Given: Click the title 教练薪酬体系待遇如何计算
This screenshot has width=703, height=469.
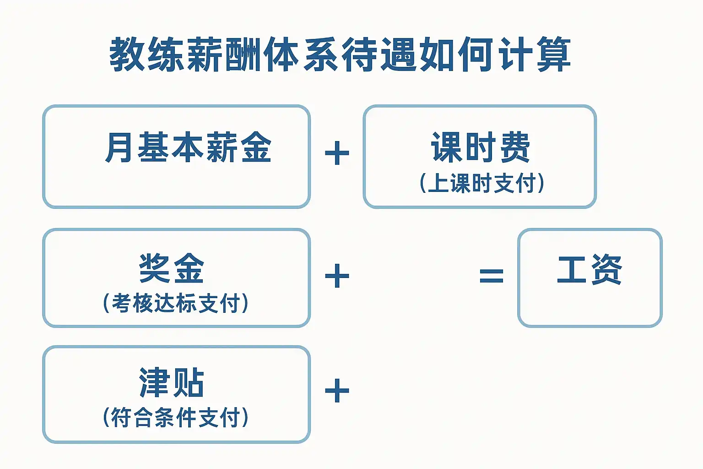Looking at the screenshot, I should pos(340,55).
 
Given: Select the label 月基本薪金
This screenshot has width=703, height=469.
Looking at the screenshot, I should pos(188,147).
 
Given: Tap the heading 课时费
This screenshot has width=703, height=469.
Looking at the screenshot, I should pos(481,147).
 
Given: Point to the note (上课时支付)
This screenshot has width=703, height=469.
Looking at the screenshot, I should pos(481,183).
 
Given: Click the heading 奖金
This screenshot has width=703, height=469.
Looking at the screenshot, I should pos(171,268).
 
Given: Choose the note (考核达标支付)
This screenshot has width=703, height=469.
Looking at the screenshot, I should pos(176,303).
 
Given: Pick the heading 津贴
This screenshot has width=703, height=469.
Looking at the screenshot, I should pos(171,383).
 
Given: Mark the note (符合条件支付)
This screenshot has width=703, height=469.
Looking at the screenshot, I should pos(176,417).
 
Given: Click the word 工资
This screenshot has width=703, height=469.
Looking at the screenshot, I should pos(589,270).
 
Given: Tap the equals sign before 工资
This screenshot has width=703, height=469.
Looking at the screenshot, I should pos(491,276).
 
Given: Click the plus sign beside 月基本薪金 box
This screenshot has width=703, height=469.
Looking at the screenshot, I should pos(337,153).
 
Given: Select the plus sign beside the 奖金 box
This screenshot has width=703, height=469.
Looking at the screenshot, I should pos(337,276).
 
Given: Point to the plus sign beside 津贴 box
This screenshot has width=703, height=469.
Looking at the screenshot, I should pos(337,391).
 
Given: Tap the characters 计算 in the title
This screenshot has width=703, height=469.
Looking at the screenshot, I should pos(535,55).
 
